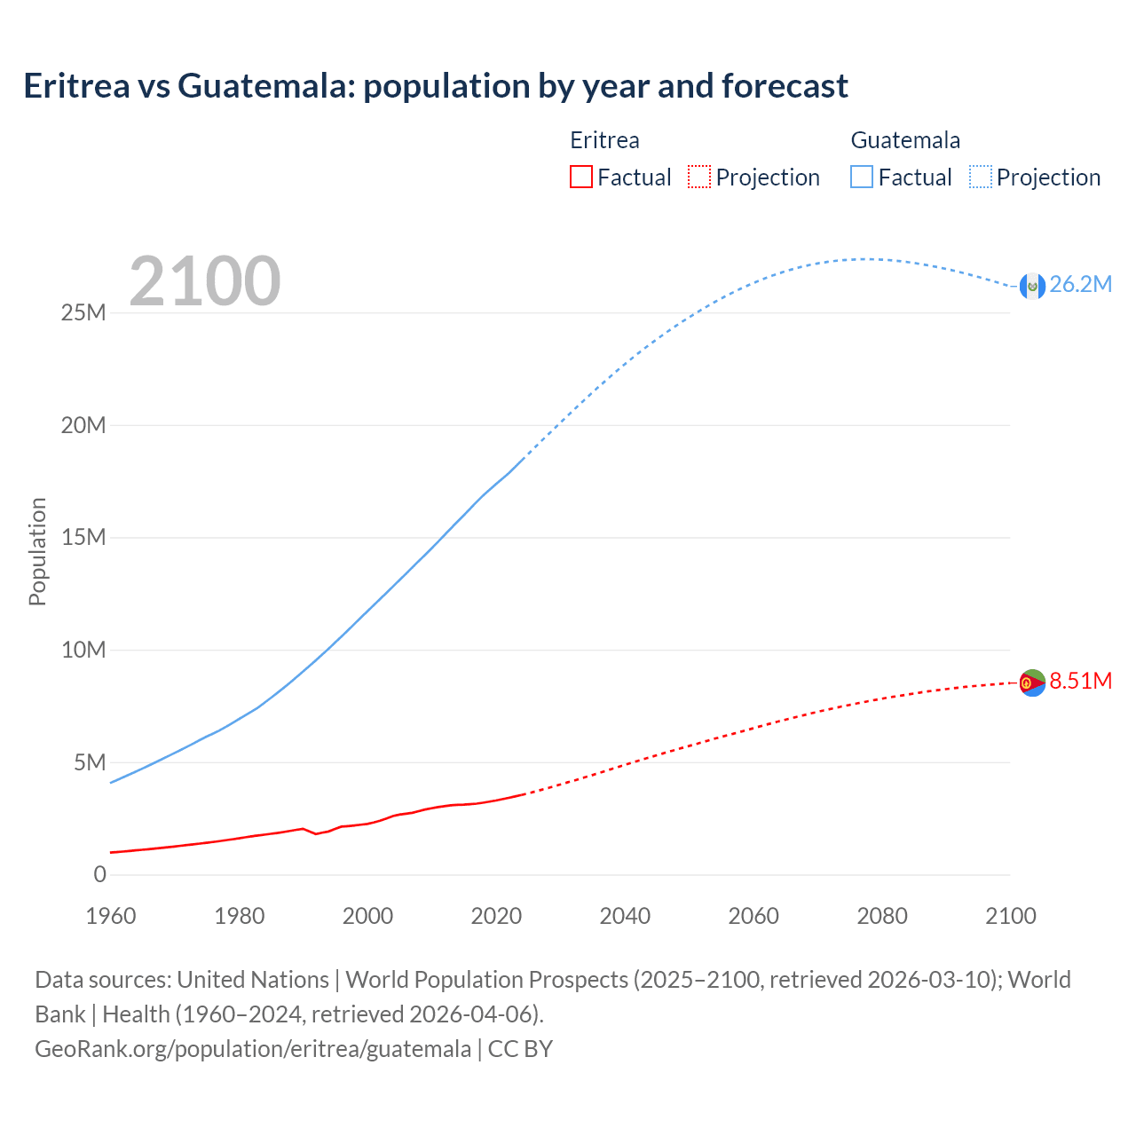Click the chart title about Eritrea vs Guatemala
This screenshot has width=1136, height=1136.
pos(436,86)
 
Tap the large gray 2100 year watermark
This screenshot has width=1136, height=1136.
pos(205,281)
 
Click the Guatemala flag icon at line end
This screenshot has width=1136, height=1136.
pos(1031,286)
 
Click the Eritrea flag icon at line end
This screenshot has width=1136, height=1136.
pos(1032,682)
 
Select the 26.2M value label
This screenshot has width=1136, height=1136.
pos(1080,285)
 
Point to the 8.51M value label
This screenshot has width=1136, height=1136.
pos(1080,682)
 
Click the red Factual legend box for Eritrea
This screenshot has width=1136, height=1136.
pos(580,177)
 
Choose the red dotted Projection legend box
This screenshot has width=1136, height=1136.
pos(699,177)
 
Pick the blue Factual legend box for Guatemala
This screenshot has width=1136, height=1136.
pos(861,177)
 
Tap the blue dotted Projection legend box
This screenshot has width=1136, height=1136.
pos(981,177)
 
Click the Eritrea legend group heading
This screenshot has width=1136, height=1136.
pos(604,140)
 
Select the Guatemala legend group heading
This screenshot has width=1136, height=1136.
pos(905,140)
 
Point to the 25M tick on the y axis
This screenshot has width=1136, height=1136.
pos(83,313)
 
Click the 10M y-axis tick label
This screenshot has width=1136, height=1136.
pos(83,651)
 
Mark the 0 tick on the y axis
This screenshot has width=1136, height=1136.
pos(99,875)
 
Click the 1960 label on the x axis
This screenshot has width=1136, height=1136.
pos(111,916)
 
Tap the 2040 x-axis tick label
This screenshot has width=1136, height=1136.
pos(625,916)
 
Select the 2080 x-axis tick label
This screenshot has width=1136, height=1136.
pos(882,916)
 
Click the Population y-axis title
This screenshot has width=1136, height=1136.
pos(37,551)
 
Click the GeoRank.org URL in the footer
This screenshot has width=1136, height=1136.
pos(253,1049)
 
